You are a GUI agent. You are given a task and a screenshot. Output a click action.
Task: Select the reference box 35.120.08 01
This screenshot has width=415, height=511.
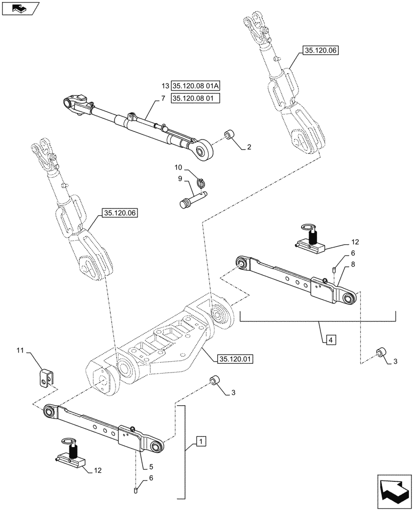pos(195,98)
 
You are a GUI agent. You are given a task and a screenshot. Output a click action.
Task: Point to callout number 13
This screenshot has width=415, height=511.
pos(164,85)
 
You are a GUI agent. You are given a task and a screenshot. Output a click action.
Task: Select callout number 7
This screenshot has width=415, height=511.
pos(164,98)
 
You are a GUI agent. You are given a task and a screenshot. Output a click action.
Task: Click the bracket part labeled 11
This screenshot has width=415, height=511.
pos(47,379)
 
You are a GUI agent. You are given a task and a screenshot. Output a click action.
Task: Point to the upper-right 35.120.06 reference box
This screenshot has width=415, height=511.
pos(321,51)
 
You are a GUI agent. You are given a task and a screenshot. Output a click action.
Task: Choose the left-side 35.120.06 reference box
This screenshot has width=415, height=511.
pos(121,213)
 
